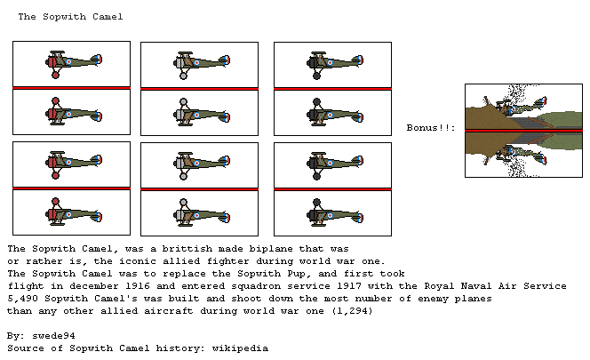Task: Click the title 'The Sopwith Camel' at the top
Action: (70, 17)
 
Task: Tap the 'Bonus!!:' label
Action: (431, 128)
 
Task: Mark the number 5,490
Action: (24, 298)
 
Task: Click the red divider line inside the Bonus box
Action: (523, 130)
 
